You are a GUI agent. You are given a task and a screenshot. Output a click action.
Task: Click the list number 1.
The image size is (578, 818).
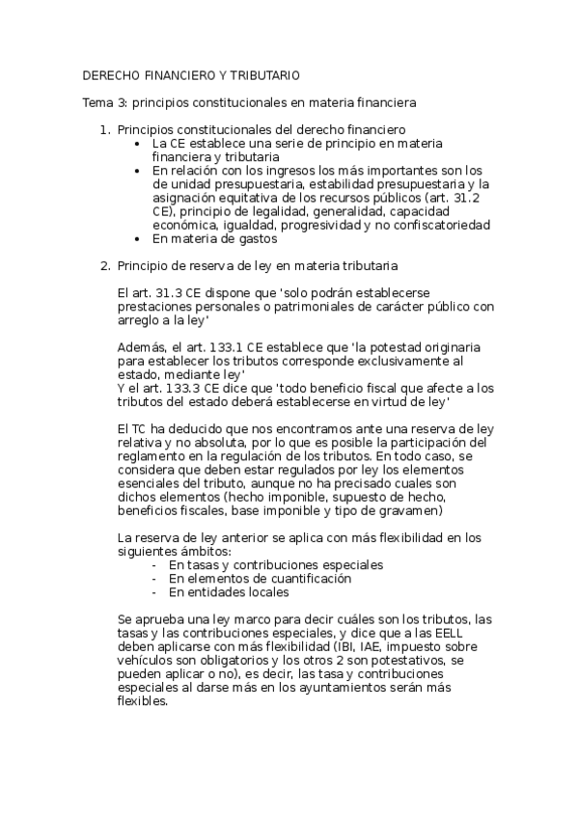(105, 129)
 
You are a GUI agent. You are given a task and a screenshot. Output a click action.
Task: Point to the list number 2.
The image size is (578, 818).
(105, 264)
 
